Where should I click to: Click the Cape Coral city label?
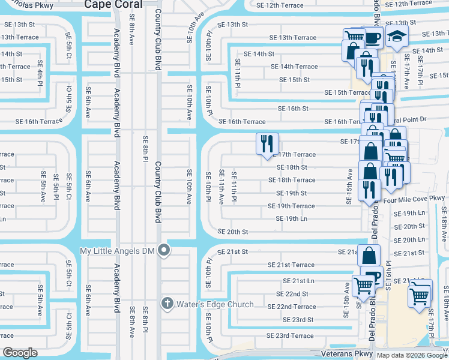point(113,4)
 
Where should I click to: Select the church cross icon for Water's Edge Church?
point(168,304)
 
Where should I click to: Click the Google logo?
point(20,353)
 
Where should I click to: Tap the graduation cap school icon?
point(396,37)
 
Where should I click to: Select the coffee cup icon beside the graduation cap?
point(373,38)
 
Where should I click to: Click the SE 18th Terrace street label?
point(292,180)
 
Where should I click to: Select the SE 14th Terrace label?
point(294,67)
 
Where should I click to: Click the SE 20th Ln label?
point(409,239)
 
